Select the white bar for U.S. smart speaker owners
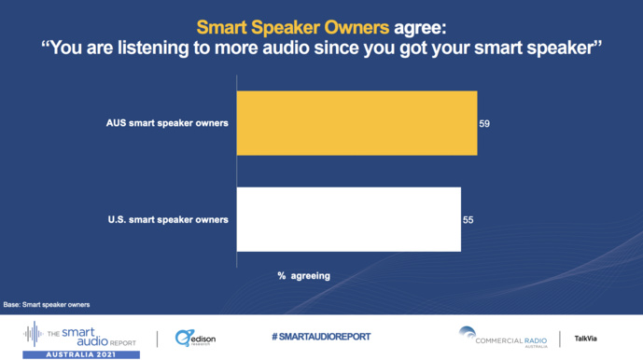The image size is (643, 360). click(x=348, y=219)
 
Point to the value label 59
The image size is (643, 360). click(x=484, y=123)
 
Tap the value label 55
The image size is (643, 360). click(x=468, y=220)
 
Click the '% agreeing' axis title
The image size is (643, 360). click(x=303, y=275)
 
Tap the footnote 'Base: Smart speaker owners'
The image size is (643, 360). click(x=47, y=304)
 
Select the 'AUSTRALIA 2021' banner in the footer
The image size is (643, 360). click(x=81, y=354)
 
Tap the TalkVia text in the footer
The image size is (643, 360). click(x=586, y=339)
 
